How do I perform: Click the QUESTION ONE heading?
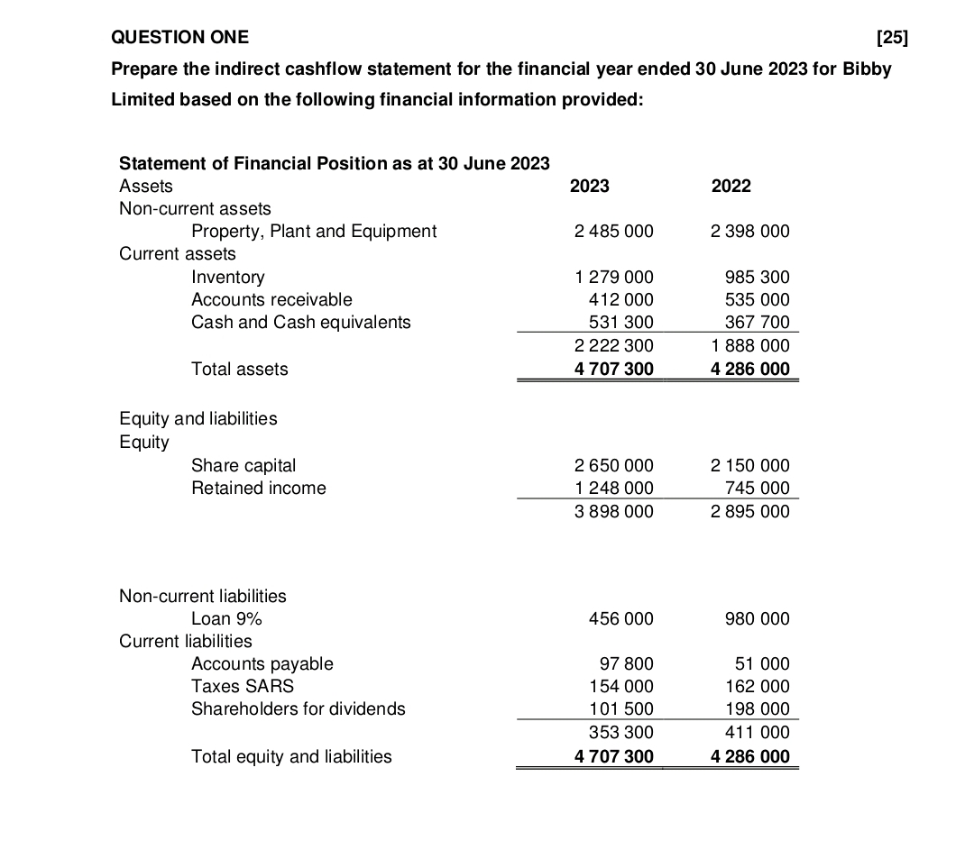point(179,37)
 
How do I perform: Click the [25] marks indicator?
point(892,37)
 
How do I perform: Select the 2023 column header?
point(590,186)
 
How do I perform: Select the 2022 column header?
point(730,186)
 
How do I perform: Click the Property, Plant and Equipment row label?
point(314,231)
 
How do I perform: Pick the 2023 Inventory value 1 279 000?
point(613,277)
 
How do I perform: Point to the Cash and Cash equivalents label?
point(300,322)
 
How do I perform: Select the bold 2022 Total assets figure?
point(749,369)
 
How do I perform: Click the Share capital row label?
point(243,465)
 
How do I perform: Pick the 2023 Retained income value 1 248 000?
point(613,488)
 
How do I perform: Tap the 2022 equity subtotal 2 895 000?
point(749,511)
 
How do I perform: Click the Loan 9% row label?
point(226,618)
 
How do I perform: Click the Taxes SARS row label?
point(243,686)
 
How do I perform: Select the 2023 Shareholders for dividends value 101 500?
point(620,708)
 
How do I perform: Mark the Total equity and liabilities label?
point(291,756)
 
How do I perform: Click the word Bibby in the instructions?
point(867,69)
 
